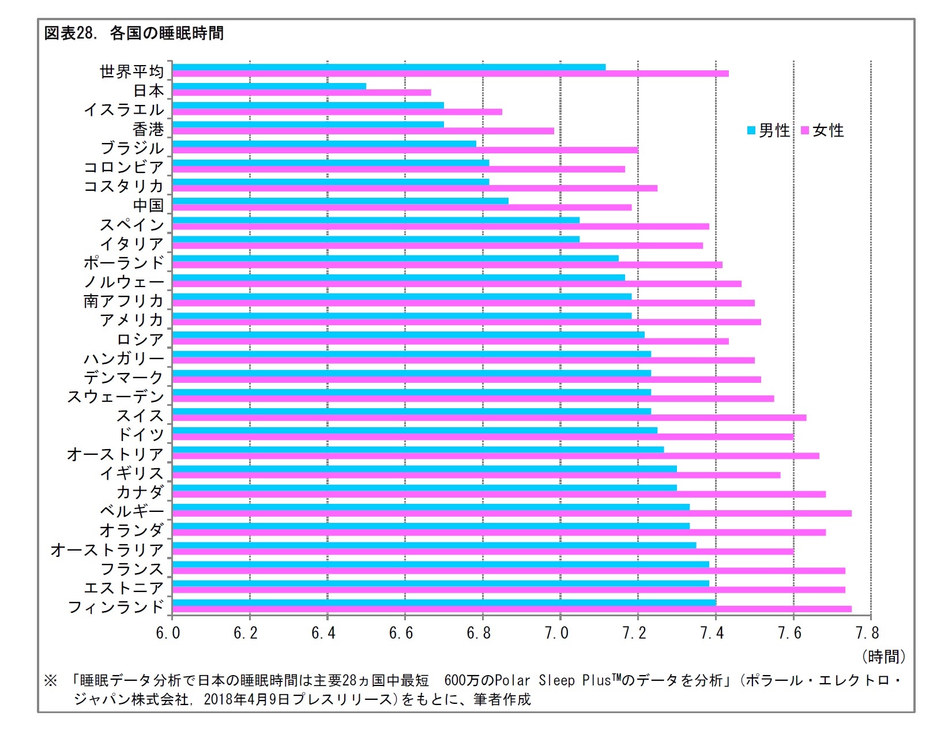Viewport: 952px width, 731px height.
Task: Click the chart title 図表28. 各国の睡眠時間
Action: click(134, 33)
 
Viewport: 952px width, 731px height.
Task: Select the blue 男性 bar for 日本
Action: click(269, 86)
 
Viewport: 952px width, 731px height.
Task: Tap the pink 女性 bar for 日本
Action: click(302, 93)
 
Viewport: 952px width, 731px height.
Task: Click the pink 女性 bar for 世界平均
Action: click(450, 73)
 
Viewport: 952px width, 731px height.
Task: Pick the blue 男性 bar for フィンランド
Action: click(444, 602)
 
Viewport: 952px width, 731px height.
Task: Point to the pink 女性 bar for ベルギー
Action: click(511, 513)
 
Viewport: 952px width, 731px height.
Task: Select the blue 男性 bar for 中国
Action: click(340, 201)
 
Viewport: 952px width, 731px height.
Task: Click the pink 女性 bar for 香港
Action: click(363, 131)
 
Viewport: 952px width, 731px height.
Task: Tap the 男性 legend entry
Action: click(769, 131)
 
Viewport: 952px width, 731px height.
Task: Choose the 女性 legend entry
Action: click(823, 131)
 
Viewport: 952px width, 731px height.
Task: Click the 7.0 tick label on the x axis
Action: click(556, 633)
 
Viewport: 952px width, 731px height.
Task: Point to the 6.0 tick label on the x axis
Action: click(168, 633)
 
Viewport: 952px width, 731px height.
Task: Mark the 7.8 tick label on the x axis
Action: click(867, 633)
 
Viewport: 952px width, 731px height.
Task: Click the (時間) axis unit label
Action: click(883, 656)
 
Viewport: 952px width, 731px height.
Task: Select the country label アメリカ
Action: click(132, 319)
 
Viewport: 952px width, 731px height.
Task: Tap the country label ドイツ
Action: click(141, 434)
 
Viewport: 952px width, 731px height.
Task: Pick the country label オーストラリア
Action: click(107, 549)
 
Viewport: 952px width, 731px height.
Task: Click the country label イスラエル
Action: click(124, 110)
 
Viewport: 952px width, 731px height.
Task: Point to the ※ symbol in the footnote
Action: click(51, 681)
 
